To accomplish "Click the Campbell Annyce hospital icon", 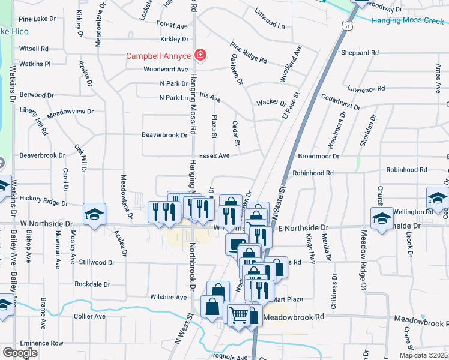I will point(200,56).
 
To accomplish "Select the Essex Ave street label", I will point(215,156).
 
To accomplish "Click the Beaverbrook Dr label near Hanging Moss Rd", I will point(164,136).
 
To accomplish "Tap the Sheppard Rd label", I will point(359,53).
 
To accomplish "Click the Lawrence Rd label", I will point(366,89).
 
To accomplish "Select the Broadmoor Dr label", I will point(318,156).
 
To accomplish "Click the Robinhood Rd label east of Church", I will point(406,170).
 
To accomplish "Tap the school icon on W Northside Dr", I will point(94,214).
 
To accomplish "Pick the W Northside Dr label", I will point(46,223).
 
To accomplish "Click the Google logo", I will point(20,352).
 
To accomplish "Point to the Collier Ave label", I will point(89,316).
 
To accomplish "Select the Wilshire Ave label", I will point(169,297).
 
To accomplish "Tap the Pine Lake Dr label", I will point(37,19).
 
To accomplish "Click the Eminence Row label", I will point(41,343).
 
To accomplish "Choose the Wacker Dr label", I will point(271,103).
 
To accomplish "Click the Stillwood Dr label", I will point(97,262).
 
